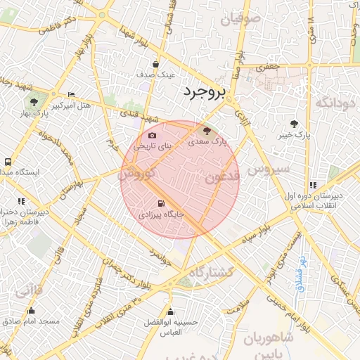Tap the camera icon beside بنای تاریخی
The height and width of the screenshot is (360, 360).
(153, 135)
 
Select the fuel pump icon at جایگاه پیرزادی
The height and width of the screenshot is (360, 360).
(162, 204)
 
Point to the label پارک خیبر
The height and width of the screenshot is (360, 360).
(294, 134)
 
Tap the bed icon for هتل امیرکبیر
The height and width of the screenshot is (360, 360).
(71, 95)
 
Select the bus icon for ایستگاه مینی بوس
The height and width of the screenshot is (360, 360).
(8, 161)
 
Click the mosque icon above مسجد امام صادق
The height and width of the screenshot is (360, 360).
(31, 310)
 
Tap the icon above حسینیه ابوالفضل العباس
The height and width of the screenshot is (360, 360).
(169, 311)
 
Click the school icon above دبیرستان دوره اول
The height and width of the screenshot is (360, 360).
(312, 185)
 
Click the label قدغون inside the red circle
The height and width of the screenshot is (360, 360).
(221, 176)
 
